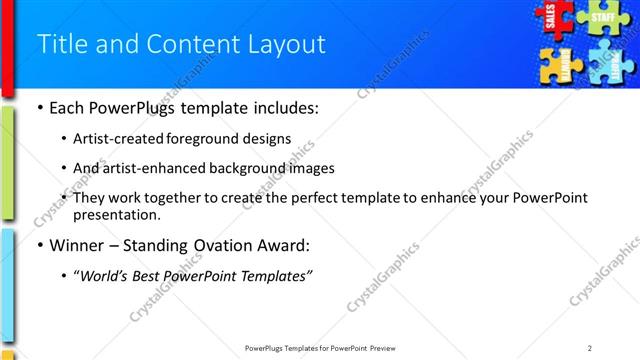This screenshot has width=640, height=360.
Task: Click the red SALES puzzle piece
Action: pos(552,18)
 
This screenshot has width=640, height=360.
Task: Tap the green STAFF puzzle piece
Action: pos(602,18)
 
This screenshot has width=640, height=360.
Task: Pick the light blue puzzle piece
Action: pos(607,64)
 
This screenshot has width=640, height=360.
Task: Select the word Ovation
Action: pos(230,244)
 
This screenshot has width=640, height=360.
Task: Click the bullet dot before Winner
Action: pos(39,245)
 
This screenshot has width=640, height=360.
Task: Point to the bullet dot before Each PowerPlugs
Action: pos(39,107)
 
